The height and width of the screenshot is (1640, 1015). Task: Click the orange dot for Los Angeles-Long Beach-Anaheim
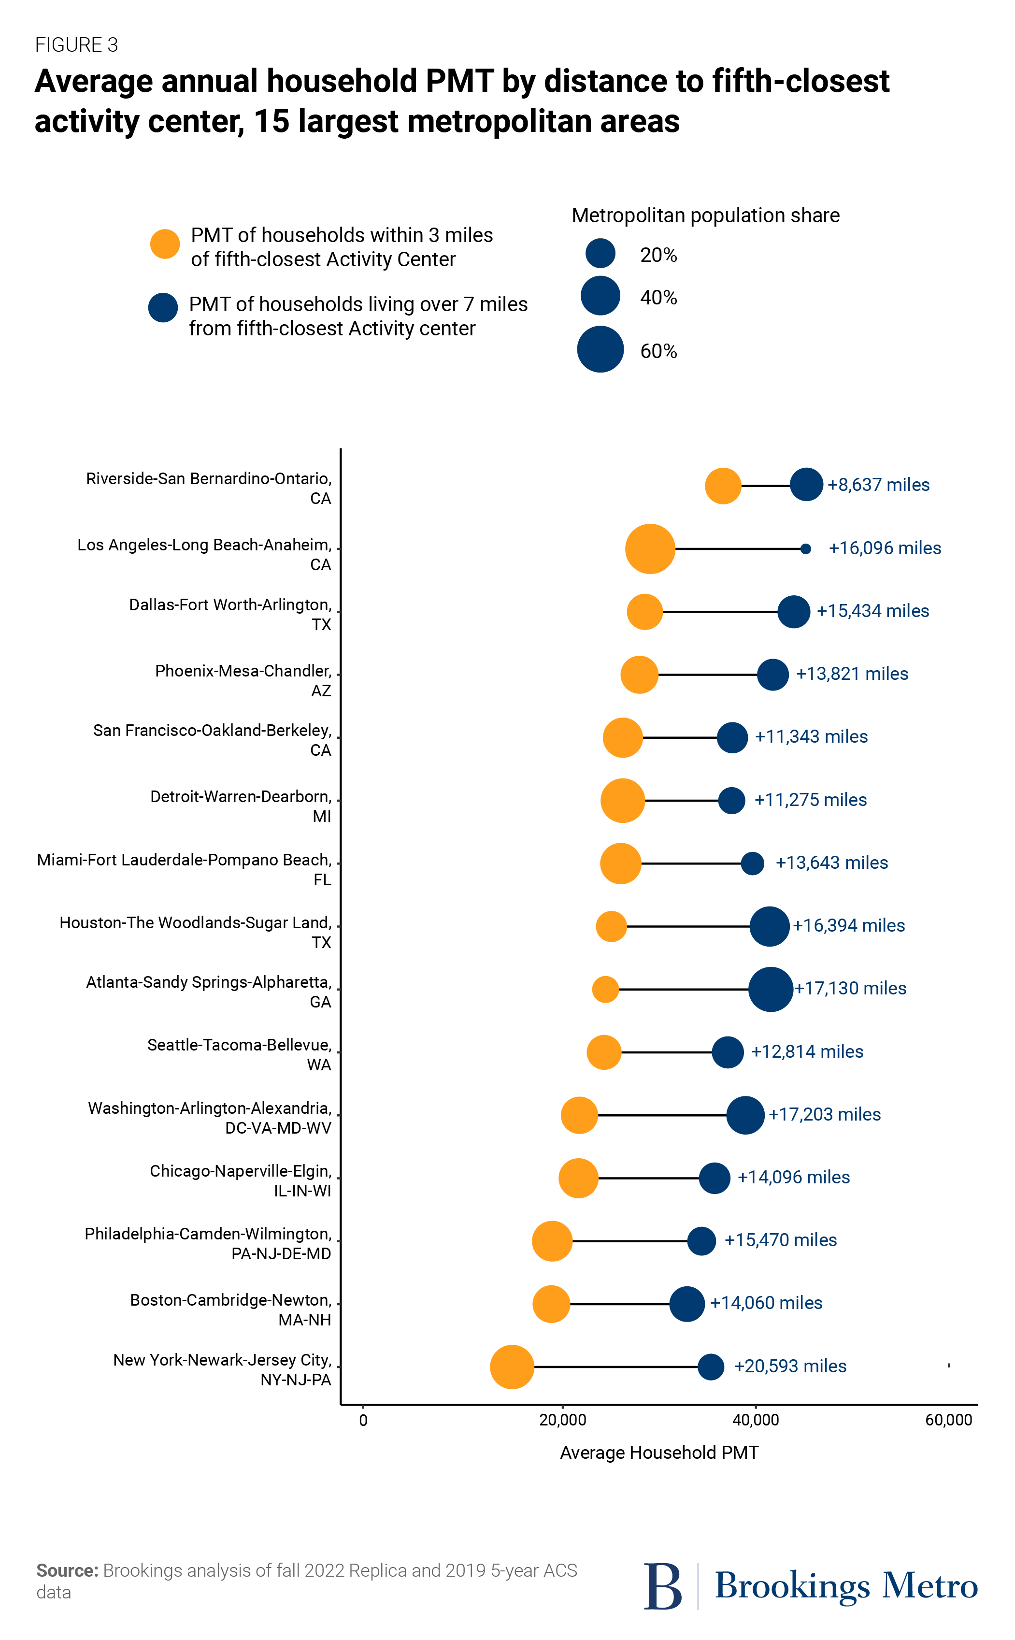click(x=649, y=548)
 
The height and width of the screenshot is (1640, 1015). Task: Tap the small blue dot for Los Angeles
click(x=805, y=548)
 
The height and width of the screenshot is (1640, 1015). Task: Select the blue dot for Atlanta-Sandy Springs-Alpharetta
click(x=770, y=989)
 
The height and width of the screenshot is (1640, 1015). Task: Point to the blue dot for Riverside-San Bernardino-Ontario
click(x=806, y=485)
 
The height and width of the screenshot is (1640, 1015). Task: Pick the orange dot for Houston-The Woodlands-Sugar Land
click(x=611, y=926)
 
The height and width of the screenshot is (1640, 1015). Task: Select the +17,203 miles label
click(x=824, y=1114)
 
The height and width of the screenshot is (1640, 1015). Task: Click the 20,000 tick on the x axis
click(x=562, y=1420)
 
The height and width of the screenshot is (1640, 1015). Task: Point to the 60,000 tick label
click(x=948, y=1420)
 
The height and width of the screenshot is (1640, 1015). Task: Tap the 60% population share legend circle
click(x=600, y=349)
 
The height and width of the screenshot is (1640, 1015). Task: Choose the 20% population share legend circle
click(x=600, y=254)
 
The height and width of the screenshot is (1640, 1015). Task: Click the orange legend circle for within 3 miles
click(x=164, y=244)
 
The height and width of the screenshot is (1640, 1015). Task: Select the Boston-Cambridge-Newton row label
click(x=230, y=1309)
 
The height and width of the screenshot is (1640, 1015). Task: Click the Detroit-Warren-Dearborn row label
click(x=240, y=806)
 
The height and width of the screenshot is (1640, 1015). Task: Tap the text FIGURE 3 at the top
click(x=76, y=45)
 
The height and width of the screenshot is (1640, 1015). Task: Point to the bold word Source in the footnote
click(x=67, y=1570)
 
